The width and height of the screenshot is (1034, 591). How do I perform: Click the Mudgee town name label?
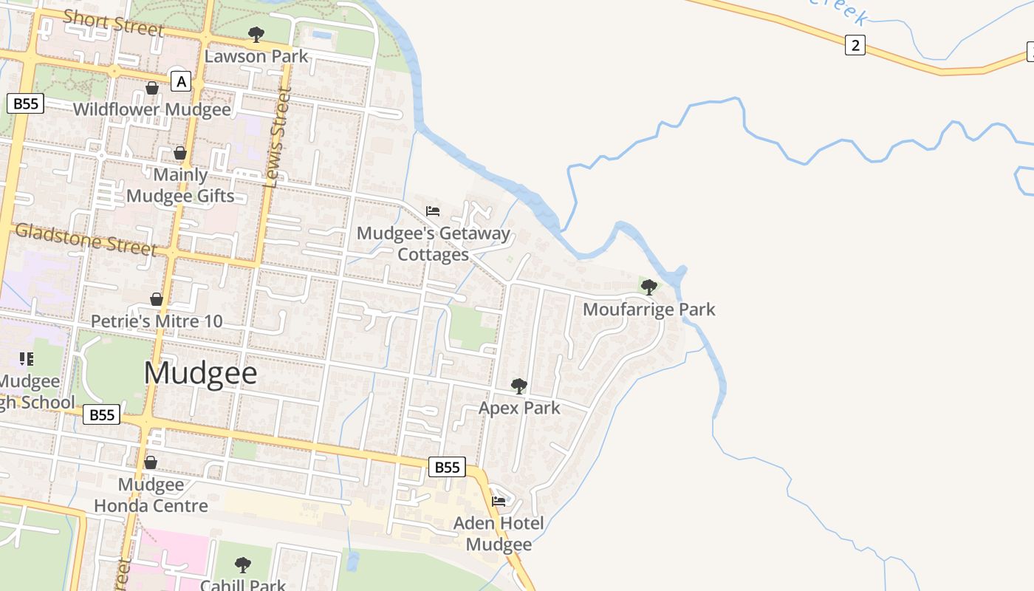click(x=200, y=373)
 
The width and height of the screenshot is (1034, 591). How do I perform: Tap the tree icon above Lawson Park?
click(x=256, y=34)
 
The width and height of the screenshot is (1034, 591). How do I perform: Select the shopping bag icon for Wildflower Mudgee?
click(x=152, y=88)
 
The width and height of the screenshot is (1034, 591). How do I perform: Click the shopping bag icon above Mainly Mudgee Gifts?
click(x=180, y=153)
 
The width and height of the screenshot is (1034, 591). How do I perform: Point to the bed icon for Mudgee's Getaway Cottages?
click(x=433, y=211)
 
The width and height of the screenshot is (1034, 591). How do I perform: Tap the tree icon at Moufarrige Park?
click(x=649, y=287)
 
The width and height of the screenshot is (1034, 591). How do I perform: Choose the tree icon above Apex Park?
click(x=519, y=386)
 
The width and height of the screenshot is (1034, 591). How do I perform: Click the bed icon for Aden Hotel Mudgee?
click(x=499, y=501)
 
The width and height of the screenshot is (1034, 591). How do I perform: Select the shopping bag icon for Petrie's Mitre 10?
click(x=157, y=299)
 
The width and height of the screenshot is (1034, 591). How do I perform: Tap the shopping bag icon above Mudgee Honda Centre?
click(x=151, y=462)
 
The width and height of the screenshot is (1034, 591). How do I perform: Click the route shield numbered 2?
click(x=855, y=45)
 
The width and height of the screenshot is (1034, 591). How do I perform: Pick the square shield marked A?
click(x=181, y=81)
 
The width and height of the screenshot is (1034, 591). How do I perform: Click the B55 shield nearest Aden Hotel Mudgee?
click(x=447, y=467)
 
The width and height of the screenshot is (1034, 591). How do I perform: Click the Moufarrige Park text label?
click(x=649, y=309)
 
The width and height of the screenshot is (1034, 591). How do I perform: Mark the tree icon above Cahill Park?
click(x=243, y=565)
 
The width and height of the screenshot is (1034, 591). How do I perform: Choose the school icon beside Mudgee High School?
click(x=27, y=359)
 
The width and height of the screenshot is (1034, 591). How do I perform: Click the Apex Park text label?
click(x=519, y=408)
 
